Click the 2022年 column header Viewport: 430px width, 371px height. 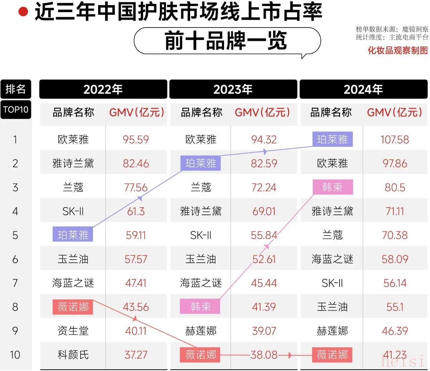coord(103,89)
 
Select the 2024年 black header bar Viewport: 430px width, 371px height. coord(363,89)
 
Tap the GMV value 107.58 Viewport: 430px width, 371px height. coord(395,139)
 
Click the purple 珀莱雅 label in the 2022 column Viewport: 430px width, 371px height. coord(73,235)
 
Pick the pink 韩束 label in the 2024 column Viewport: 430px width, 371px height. coord(333,187)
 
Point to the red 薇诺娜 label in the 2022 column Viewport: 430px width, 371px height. coord(73,307)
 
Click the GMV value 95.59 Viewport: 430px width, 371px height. coord(136,139)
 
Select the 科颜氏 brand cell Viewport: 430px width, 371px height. coord(73,355)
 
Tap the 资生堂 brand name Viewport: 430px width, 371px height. coord(73,331)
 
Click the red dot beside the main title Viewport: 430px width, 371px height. coord(23,12)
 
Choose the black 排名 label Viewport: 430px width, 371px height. coord(15,89)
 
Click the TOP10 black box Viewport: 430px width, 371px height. coord(15,110)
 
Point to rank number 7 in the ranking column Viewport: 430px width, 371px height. coord(15,283)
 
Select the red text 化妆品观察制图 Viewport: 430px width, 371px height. coord(398,50)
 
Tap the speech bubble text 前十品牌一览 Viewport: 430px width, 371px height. coord(226,41)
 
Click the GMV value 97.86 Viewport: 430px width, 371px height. coord(395,164)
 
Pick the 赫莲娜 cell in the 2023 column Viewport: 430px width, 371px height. coord(201,331)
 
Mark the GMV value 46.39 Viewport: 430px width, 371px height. coord(395,331)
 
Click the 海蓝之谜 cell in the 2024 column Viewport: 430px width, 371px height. coord(332,259)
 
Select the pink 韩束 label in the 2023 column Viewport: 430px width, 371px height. coord(200,307)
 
